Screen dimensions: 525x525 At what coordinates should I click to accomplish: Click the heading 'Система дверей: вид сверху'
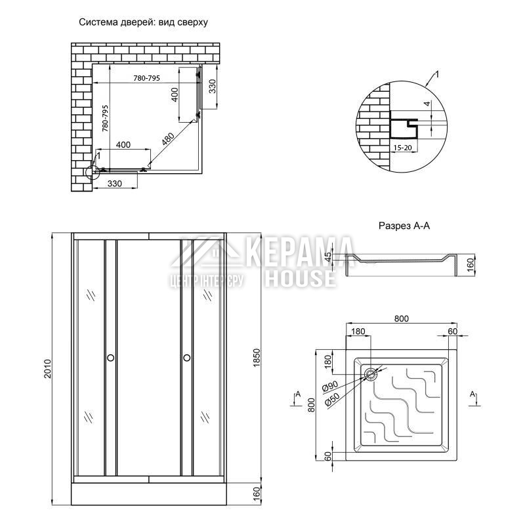pos(143,22)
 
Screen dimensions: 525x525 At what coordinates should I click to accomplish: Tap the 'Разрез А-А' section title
pos(404,226)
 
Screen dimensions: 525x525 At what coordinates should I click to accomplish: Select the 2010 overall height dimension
pos(47,369)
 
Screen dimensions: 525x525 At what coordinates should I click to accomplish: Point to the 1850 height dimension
pos(257,358)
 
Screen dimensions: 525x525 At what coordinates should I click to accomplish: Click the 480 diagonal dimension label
pos(168,139)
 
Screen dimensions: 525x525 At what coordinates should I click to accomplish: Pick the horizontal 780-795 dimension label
pos(146,78)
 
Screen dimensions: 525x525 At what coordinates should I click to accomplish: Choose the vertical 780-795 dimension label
pos(105,118)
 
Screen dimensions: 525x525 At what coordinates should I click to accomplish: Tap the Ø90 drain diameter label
pos(330,386)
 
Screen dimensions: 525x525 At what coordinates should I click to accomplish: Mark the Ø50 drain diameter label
pos(332,399)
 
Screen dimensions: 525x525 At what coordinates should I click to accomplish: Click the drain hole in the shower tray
pos(371,374)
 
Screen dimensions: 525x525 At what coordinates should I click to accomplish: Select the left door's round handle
pos(110,358)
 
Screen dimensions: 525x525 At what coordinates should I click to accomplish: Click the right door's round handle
pos(187,358)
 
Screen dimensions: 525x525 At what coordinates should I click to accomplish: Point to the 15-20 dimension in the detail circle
pos(402,147)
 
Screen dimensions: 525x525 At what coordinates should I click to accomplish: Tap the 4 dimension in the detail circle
pos(427,104)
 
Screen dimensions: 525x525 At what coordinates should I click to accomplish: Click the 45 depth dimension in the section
pos(328,257)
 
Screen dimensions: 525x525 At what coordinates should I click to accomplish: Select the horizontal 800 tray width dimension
pos(401,318)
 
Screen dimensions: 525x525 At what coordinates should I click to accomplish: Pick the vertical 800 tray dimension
pos(312,405)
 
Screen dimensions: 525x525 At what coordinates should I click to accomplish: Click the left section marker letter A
pos(298,394)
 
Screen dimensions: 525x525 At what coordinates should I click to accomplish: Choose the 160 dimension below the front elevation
pos(256,493)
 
